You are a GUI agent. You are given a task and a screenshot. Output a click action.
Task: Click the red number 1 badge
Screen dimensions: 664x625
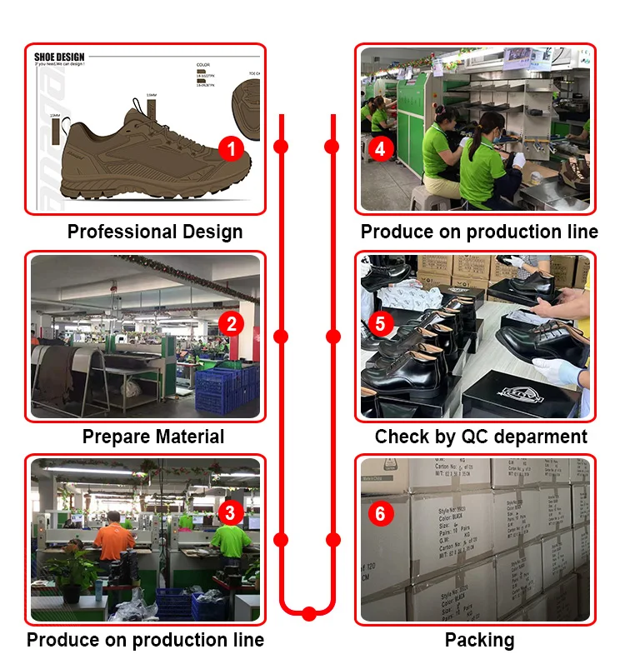point(232,149)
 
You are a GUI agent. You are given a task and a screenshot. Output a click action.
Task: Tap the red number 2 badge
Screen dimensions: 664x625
point(231,323)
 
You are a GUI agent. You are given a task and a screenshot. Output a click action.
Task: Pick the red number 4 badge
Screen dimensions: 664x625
point(381,149)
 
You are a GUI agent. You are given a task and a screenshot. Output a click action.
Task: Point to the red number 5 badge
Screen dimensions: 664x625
point(381,322)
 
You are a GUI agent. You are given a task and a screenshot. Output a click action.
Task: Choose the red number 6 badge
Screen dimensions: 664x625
point(380,513)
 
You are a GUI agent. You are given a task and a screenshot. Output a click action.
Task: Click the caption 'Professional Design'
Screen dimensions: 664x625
point(155,232)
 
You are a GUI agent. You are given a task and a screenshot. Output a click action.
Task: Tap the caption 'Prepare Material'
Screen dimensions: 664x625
point(153,437)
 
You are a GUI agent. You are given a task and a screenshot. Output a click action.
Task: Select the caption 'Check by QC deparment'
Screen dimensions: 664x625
point(481,437)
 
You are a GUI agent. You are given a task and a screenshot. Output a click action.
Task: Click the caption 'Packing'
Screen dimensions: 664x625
point(479,640)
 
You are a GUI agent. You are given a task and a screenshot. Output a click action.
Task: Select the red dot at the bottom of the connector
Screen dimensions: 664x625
point(309,614)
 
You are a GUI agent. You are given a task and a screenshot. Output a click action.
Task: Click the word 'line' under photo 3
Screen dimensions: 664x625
point(247,640)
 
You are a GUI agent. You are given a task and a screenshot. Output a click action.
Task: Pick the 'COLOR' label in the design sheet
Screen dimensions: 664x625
point(203,64)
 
